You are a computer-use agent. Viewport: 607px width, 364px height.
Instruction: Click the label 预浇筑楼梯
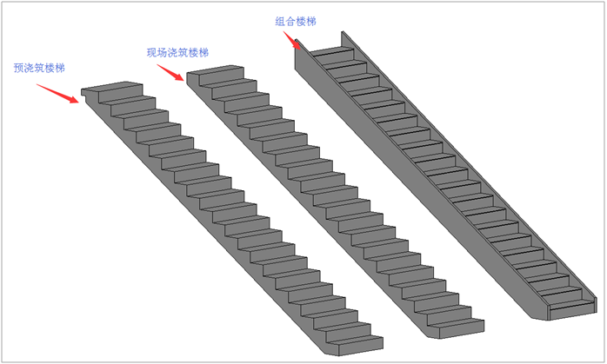point(39,68)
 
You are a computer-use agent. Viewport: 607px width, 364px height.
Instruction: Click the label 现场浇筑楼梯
point(177,53)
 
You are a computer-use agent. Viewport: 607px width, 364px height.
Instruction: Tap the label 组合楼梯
point(296,22)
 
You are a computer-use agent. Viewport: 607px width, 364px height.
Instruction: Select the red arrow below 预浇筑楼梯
point(57,94)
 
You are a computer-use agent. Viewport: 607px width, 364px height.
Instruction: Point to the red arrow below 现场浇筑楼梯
point(170,72)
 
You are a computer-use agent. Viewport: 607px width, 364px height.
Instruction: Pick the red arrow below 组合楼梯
point(292,41)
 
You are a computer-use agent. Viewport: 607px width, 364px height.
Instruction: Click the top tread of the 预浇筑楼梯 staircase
point(112,87)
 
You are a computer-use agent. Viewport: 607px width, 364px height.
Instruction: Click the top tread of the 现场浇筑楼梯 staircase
point(216,69)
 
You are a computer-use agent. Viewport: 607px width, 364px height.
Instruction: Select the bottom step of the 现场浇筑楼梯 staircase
point(456,328)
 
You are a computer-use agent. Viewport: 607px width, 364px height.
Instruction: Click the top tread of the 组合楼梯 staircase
point(331,51)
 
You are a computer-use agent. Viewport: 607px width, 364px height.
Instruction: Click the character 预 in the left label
point(18,68)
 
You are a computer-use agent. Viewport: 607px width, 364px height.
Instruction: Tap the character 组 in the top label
point(280,22)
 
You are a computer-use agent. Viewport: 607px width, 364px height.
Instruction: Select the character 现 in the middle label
point(151,53)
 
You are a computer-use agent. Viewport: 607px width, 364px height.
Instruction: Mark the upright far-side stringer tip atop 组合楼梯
point(343,32)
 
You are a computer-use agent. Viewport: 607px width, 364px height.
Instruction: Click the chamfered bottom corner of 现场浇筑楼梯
point(430,334)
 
